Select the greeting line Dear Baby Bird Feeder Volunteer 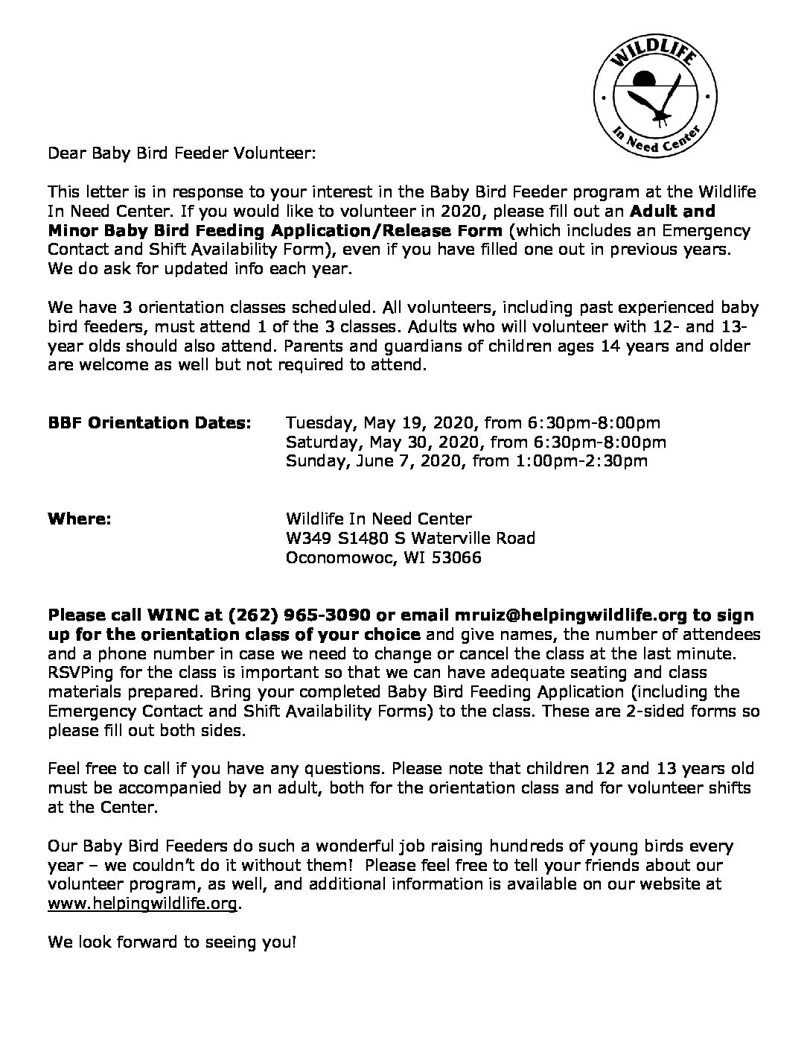(182, 154)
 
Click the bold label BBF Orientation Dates (149, 423)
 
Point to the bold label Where (79, 519)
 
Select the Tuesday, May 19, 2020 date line (473, 423)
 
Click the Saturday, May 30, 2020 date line (476, 442)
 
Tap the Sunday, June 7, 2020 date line (467, 460)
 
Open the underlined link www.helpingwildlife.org (143, 904)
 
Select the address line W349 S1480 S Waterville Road (410, 538)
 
